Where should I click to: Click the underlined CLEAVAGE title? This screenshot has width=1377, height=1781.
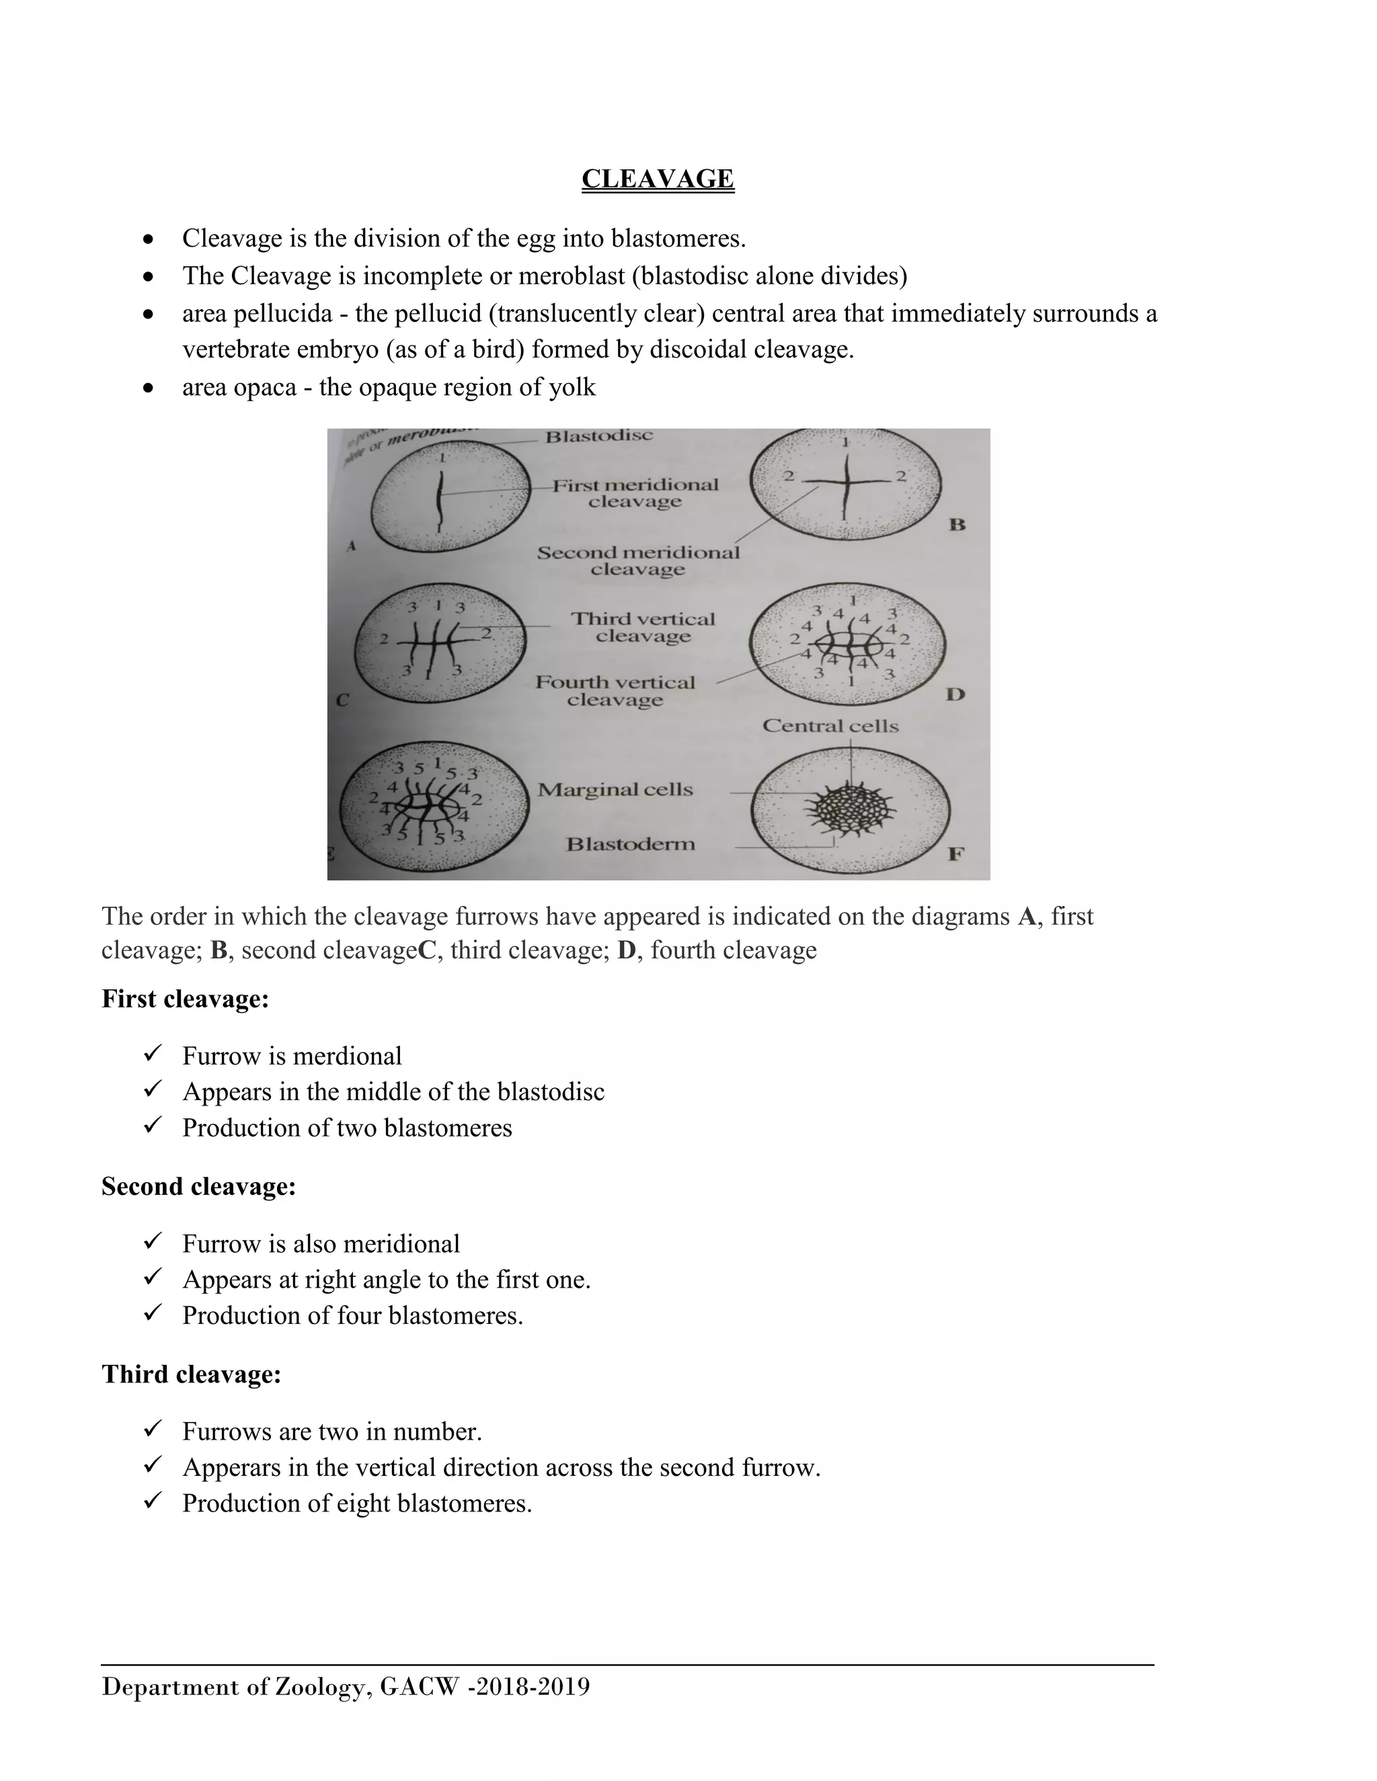[x=658, y=179]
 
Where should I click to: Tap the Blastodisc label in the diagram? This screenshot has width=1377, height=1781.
[x=599, y=436]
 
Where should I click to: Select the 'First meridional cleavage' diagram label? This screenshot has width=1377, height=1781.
[x=635, y=493]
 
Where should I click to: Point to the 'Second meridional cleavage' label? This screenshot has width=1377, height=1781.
[x=638, y=561]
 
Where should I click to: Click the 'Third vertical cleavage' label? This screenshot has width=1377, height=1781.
[x=643, y=627]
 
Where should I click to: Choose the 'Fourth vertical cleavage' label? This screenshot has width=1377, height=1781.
[x=615, y=691]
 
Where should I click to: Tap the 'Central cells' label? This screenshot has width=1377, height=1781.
[x=830, y=726]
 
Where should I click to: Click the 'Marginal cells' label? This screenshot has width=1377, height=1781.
[x=615, y=790]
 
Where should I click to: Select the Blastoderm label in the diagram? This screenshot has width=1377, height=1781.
[x=631, y=844]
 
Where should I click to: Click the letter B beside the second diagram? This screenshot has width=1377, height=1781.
[x=957, y=524]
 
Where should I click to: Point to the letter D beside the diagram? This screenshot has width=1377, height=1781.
[x=955, y=695]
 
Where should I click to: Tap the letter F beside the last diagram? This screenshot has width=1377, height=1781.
[x=956, y=854]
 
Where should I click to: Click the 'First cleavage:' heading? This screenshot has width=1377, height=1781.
[x=185, y=998]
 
